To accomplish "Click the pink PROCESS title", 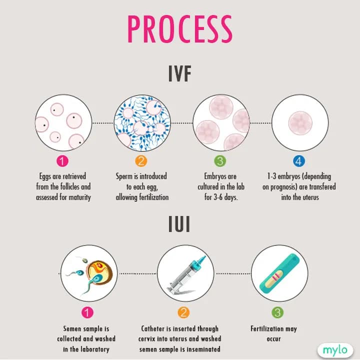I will [179, 28].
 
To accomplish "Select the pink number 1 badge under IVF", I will [62, 161].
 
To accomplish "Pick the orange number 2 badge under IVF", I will [141, 161].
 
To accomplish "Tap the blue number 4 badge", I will [298, 161].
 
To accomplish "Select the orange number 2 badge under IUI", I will [183, 313].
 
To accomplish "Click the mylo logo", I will [334, 349].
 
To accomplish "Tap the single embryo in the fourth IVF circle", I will [299, 123].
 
